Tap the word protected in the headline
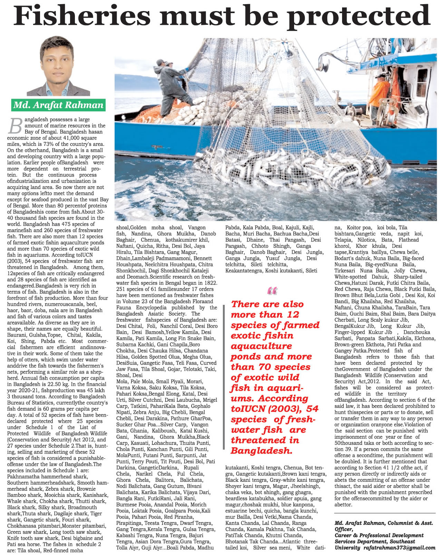(x=359, y=17)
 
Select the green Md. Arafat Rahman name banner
(x=58, y=105)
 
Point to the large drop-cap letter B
(x=15, y=126)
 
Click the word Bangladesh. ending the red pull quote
(x=262, y=451)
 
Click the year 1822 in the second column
(x=208, y=283)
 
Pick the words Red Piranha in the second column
(x=178, y=517)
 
